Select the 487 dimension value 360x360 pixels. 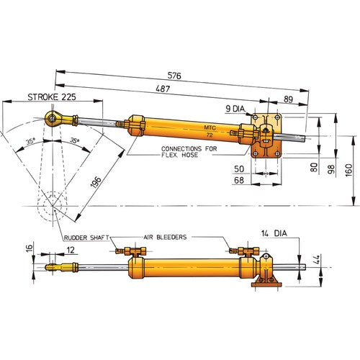(165, 88)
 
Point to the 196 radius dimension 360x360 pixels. (96, 182)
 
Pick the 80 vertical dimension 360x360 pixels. (313, 167)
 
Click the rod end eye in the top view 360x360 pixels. (53, 116)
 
